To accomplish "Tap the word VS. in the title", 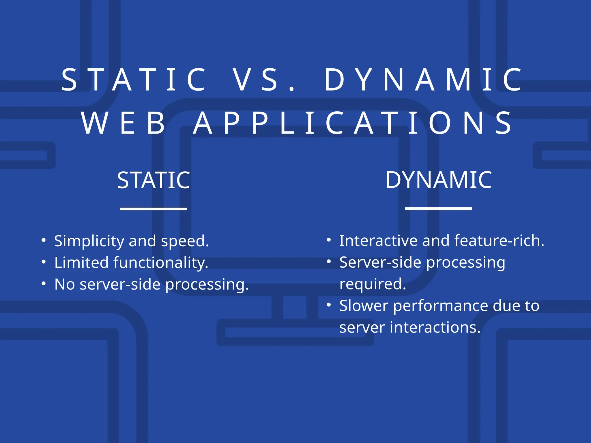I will pos(264,80).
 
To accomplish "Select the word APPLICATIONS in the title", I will pos(353,123).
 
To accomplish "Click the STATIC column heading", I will pos(154,180).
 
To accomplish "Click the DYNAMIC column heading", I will pos(439,180).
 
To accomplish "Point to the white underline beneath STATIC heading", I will pos(153,209).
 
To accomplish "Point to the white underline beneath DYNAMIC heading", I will pos(438,208).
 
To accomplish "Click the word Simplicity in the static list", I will pos(89,241).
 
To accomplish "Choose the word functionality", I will pos(160,263).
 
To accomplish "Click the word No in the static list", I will pos(65,284).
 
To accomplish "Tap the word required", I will pos(372,284).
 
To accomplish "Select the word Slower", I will pos(363,306).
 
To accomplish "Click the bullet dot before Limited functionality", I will pos(44,262).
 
